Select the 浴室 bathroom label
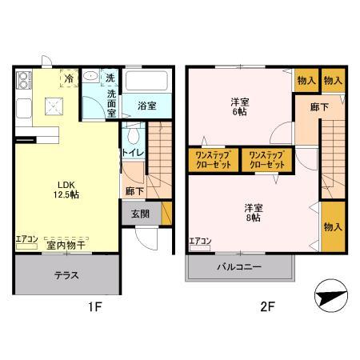(x=146, y=105)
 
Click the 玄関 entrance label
(x=141, y=213)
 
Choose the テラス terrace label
(x=66, y=275)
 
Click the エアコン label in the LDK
(x=26, y=238)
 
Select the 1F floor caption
(x=94, y=305)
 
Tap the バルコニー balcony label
(x=241, y=267)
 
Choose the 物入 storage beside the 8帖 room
(x=332, y=227)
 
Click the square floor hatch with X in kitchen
(x=54, y=104)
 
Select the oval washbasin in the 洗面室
(x=92, y=78)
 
